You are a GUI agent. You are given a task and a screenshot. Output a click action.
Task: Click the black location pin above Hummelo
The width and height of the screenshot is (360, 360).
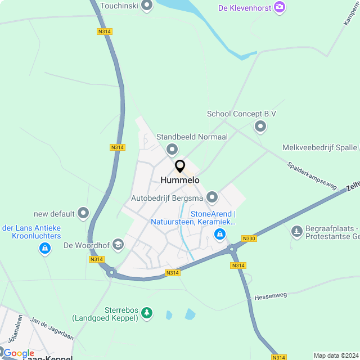click(180, 166)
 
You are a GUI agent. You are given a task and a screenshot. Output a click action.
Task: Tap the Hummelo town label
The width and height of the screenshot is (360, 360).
click(180, 180)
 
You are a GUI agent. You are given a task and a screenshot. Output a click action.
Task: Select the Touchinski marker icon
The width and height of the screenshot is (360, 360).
click(147, 7)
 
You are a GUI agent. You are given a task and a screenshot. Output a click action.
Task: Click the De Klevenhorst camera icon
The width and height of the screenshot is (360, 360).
click(280, 7)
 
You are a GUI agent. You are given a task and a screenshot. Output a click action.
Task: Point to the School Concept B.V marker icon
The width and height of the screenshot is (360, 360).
click(260, 127)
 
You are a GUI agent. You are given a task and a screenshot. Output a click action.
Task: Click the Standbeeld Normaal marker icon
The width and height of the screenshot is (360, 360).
click(172, 149)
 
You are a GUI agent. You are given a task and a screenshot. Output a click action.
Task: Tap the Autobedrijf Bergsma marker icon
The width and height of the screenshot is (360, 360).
click(212, 197)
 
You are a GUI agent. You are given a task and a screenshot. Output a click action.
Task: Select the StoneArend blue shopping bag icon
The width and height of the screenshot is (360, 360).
click(220, 233)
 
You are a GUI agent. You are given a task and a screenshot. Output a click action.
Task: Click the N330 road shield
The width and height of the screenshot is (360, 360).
click(249, 238)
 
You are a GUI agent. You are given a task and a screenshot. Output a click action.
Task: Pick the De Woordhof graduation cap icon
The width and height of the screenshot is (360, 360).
click(118, 245)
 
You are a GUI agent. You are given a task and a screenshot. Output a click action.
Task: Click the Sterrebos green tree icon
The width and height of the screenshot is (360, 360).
click(147, 312)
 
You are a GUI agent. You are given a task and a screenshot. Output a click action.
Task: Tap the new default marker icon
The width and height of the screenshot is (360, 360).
click(83, 213)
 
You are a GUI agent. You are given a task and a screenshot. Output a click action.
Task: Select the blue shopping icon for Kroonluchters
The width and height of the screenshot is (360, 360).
click(44, 248)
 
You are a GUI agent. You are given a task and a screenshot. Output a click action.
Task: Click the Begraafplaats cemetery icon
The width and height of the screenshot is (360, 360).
click(296, 231)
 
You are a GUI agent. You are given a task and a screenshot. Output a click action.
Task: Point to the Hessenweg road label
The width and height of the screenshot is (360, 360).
click(271, 295)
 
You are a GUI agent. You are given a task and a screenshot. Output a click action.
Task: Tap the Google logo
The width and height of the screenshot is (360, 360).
click(19, 353)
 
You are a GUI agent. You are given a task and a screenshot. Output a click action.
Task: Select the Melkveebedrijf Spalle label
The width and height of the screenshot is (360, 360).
click(319, 147)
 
